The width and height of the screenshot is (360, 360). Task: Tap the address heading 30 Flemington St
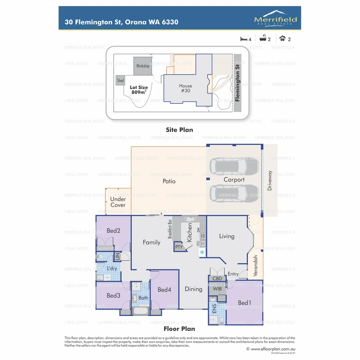click(122, 22)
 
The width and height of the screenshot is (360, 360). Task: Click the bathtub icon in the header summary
click(263, 39)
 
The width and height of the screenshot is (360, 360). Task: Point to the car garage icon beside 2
click(283, 39)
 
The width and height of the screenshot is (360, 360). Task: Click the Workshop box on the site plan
click(143, 66)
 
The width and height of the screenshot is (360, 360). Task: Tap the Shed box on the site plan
click(120, 81)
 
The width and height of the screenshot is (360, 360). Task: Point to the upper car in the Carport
click(234, 165)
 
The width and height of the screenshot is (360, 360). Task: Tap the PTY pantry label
click(179, 247)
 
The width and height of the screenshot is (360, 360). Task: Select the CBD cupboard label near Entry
click(217, 278)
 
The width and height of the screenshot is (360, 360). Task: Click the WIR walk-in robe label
click(217, 289)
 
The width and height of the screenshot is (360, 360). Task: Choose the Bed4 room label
click(164, 290)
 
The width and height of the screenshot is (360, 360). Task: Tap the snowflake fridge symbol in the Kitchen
click(202, 253)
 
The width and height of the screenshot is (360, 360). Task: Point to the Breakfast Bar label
click(170, 229)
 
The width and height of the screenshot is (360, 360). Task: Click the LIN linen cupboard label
click(117, 257)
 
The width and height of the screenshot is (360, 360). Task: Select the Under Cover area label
click(118, 202)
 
